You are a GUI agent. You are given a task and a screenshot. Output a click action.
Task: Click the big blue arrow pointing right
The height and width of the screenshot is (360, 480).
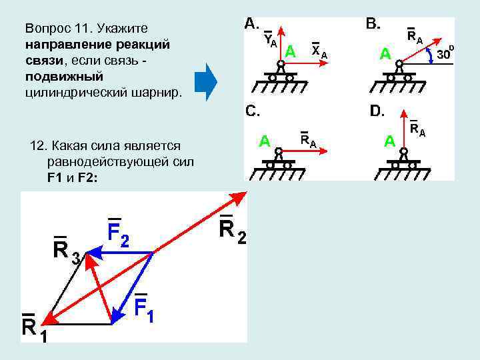click(x=206, y=82)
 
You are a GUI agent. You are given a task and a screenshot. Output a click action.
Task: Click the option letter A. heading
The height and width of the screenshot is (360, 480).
click(x=252, y=24)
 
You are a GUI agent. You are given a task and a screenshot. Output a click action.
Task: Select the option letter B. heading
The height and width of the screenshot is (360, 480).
click(x=373, y=25)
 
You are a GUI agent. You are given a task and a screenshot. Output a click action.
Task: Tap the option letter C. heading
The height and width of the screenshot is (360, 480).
click(x=252, y=111)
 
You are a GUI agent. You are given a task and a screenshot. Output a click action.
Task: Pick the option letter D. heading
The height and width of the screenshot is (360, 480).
click(x=377, y=111)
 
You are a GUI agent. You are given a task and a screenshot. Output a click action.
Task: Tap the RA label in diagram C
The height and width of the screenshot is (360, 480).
click(x=308, y=140)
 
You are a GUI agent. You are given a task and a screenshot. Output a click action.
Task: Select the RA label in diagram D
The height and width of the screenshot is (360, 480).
click(x=418, y=129)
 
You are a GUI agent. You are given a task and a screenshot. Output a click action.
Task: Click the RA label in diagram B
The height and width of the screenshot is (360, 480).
click(x=415, y=37)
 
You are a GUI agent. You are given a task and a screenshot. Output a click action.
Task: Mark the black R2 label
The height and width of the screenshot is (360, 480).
click(x=232, y=231)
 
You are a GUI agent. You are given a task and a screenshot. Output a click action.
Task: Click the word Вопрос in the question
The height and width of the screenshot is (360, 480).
click(x=47, y=29)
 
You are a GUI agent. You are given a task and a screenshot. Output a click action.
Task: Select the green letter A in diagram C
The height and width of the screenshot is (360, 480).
click(x=265, y=141)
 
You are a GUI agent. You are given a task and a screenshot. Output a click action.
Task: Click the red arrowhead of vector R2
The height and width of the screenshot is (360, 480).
click(x=239, y=197)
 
